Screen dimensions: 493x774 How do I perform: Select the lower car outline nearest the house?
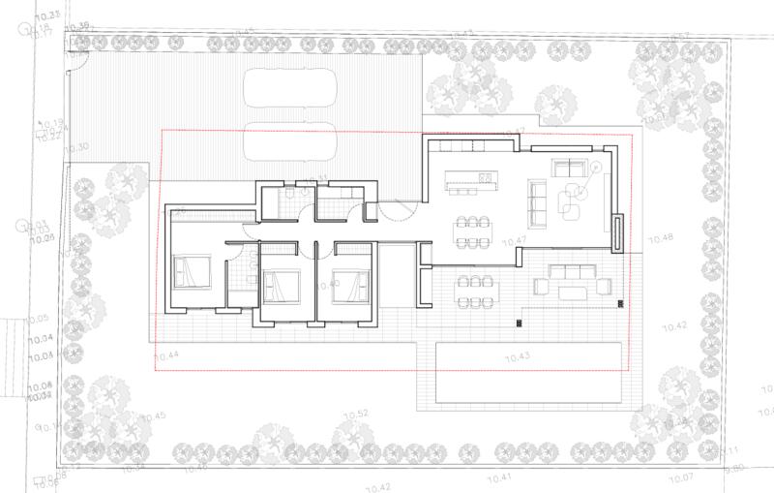(x=290, y=143)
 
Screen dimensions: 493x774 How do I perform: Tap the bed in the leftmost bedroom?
(x=192, y=270)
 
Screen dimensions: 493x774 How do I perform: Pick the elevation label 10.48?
(x=661, y=237)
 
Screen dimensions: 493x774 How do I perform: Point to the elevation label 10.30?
(x=77, y=147)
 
